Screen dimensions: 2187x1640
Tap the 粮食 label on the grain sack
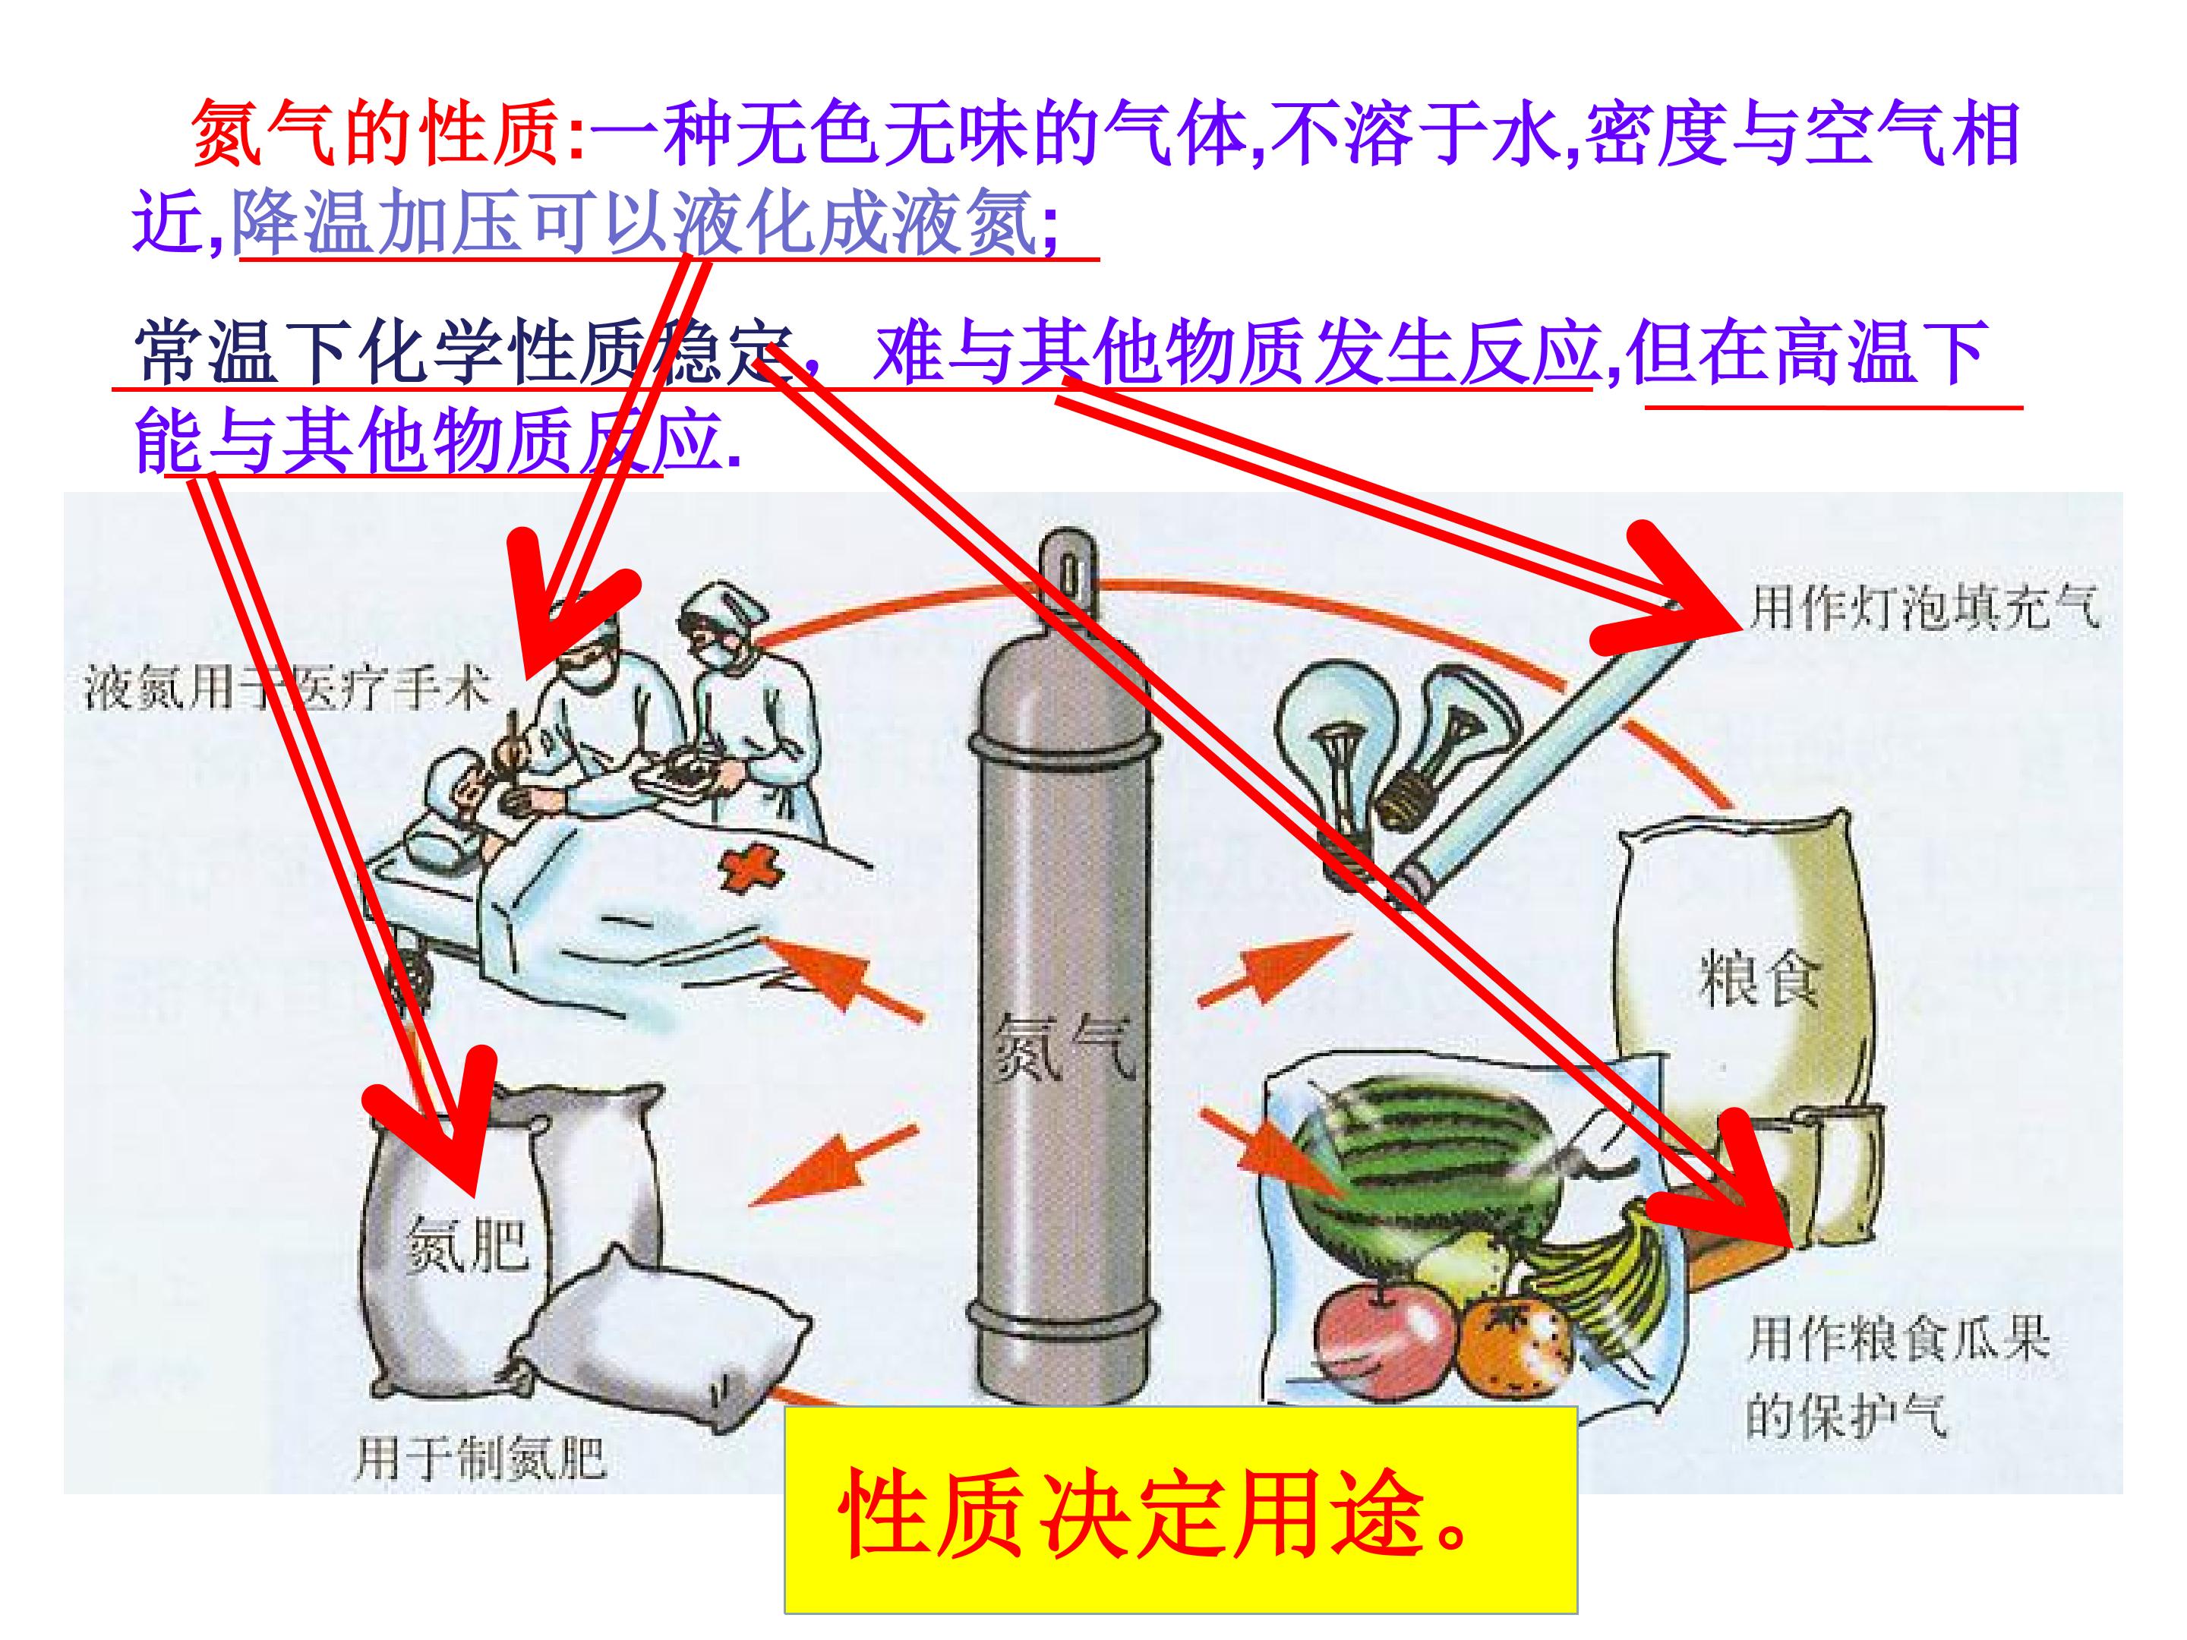click(x=1758, y=978)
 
